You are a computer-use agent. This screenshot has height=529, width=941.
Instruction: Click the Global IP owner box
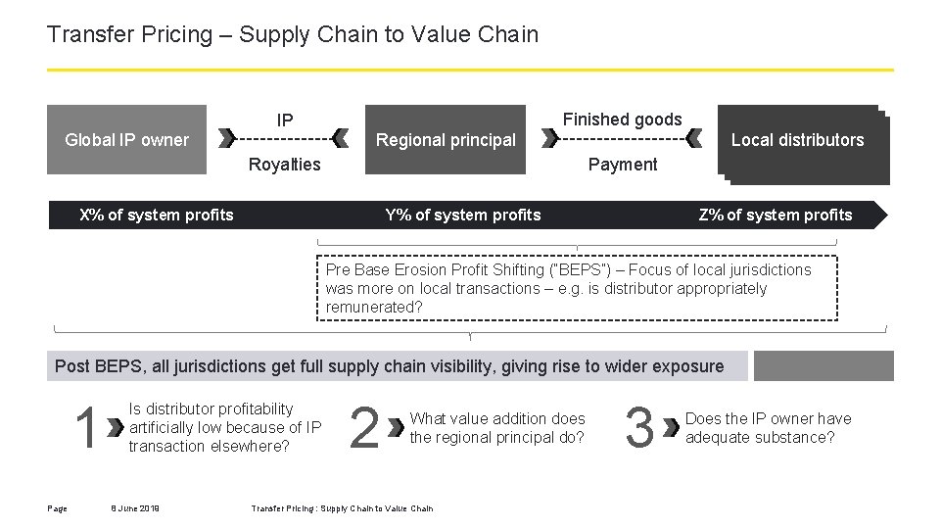point(126,139)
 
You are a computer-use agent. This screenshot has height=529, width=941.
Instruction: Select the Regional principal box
point(446,139)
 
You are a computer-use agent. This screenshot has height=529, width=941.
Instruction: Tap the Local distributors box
point(797,140)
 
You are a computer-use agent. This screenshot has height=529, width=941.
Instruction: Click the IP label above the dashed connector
point(284,120)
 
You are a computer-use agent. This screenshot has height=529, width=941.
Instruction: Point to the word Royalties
point(284,164)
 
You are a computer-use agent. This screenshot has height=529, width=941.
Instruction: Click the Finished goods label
point(622,120)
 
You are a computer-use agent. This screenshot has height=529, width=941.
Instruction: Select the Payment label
point(622,164)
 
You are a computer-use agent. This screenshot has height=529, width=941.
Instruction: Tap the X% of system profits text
point(157,215)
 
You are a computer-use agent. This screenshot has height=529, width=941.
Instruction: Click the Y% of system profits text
point(463,215)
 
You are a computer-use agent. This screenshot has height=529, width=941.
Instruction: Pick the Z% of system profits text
point(776,215)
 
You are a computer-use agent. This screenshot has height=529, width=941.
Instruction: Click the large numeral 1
point(86,429)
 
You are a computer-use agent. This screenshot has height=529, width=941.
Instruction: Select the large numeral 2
point(364,429)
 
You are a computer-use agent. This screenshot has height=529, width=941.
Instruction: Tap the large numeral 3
point(638,429)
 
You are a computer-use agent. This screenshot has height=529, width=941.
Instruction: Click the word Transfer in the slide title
point(81,34)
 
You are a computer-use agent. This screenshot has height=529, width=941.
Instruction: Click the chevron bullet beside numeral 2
point(395,428)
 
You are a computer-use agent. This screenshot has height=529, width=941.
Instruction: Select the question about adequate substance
point(769,428)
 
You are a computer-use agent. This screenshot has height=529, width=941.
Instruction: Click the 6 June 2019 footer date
point(135,507)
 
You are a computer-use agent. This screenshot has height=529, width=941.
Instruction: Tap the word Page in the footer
point(57,507)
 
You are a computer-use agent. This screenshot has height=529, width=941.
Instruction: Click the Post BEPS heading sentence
point(390,366)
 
